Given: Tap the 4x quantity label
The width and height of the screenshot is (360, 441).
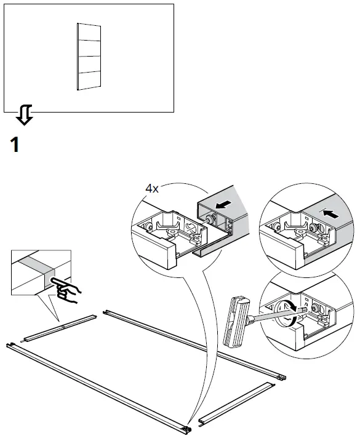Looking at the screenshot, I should coord(151,189).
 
